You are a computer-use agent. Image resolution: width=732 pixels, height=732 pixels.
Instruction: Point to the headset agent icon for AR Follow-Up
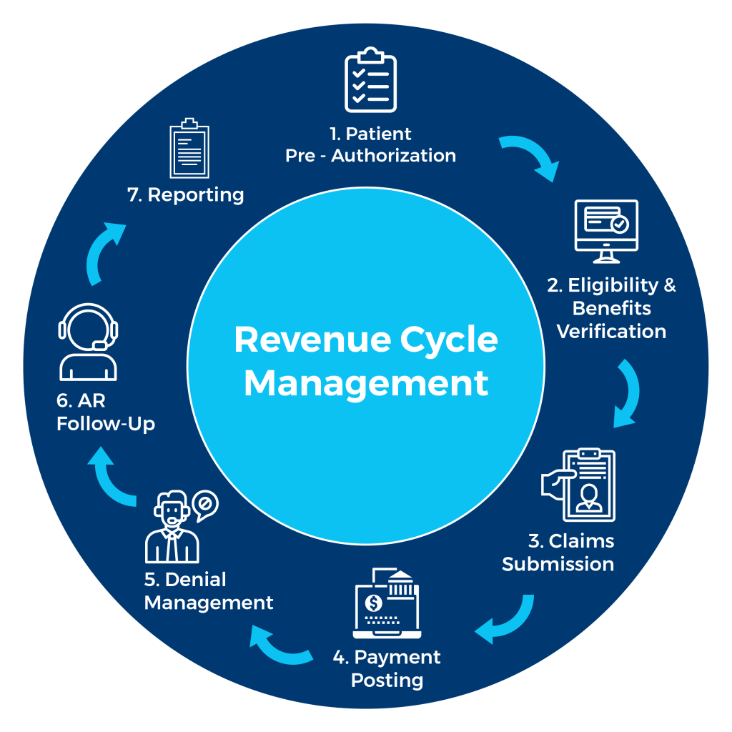point(88,342)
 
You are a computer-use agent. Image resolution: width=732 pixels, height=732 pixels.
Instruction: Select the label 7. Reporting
point(185,195)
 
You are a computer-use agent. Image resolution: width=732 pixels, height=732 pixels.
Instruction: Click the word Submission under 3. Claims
point(558,564)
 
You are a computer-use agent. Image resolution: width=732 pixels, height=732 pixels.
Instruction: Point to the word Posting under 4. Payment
point(387,680)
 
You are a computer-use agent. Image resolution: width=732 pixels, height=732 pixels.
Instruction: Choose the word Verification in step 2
point(611,332)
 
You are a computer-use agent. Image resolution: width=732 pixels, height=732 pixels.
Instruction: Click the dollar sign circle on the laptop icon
point(373,603)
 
